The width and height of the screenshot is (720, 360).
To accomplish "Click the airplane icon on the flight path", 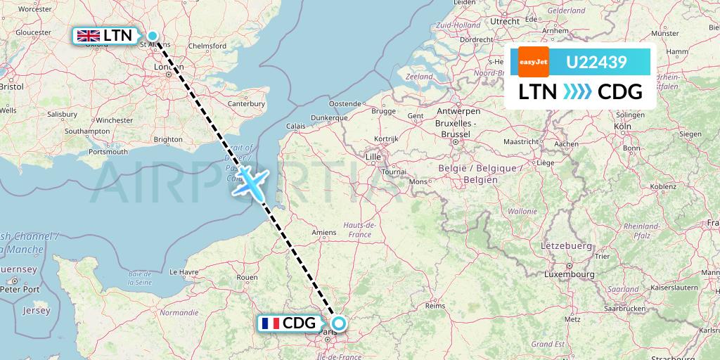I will click(249, 181).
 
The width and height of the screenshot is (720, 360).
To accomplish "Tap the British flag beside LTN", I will click(89, 36).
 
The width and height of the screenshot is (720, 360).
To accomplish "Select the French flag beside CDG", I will click(269, 323).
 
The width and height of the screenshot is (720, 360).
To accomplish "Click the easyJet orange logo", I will click(533, 62).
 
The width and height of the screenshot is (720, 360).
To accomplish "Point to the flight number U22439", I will click(596, 63).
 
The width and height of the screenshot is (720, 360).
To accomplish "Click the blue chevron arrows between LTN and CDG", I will click(577, 91).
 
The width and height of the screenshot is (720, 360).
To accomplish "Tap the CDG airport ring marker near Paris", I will click(339, 323).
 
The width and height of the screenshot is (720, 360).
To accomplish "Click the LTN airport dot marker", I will click(152, 36).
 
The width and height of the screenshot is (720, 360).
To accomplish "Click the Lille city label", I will click(373, 156).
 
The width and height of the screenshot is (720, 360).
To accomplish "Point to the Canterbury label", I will click(245, 103).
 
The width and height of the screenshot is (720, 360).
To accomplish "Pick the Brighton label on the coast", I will click(168, 139).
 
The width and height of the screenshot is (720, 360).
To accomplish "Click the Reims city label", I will click(436, 306).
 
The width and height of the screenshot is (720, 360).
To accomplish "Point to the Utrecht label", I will click(505, 22).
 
